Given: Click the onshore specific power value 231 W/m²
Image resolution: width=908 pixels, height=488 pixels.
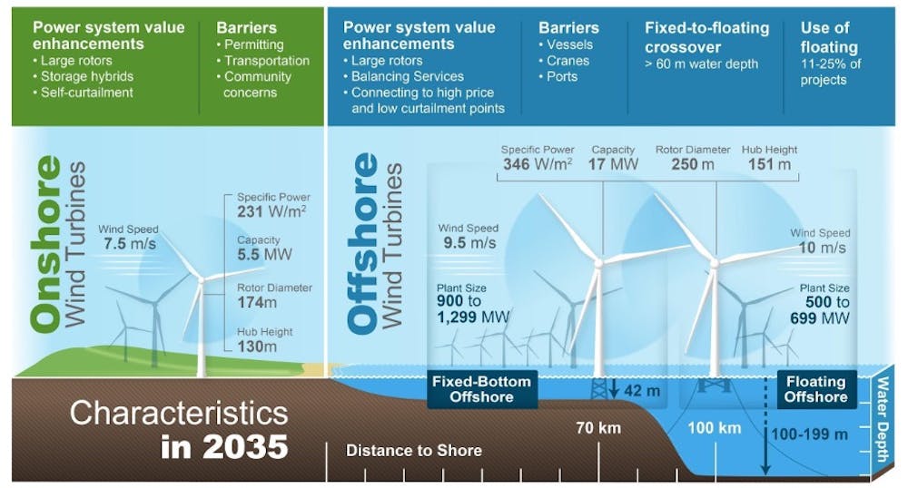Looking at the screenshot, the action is (271, 211).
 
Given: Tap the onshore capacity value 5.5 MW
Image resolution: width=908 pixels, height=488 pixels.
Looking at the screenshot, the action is (264, 254).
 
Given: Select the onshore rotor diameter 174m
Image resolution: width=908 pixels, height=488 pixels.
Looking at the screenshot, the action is (257, 302).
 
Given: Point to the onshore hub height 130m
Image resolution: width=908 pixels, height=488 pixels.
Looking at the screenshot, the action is (257, 346).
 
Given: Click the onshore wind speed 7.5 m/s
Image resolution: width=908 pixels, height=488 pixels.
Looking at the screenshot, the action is (130, 243).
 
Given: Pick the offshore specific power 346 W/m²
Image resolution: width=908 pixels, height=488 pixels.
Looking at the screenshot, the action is (538, 164).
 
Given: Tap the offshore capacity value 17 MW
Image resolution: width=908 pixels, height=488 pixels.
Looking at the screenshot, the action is (613, 164).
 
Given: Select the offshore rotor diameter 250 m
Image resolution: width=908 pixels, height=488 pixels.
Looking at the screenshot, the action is (693, 164).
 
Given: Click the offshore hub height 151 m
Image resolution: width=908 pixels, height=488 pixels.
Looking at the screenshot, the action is (769, 164).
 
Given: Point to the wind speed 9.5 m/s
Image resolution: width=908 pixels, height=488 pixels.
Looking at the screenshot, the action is (469, 243).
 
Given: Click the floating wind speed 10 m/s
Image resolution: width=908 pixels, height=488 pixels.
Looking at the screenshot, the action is (823, 248).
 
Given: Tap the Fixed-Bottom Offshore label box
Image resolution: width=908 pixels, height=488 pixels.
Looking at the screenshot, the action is (482, 389).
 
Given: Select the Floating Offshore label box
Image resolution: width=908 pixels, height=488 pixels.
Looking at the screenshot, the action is (816, 389).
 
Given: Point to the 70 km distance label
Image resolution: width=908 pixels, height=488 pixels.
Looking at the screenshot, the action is (598, 428).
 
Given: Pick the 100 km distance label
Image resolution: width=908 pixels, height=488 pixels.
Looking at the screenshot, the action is (714, 428).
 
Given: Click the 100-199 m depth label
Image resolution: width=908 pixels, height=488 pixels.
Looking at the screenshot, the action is (810, 434).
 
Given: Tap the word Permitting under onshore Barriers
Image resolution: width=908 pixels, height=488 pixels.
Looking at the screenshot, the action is (253, 44).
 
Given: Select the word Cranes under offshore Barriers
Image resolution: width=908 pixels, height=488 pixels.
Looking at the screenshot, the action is (567, 61).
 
